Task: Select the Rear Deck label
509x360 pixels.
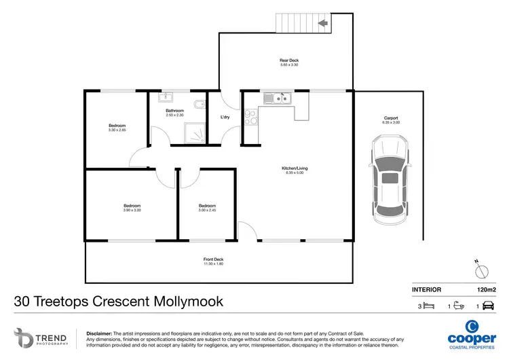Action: pos(289,60)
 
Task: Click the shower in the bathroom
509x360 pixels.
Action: pos(196,135)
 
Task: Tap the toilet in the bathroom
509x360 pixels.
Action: pos(198,105)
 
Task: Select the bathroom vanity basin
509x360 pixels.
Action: pos(168,98)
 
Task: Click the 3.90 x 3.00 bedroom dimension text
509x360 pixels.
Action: pos(132,211)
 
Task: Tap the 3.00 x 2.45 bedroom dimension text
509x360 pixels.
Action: pos(207,211)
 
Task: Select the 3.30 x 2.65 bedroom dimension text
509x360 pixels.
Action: pos(117,130)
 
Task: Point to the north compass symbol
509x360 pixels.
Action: pos(481,270)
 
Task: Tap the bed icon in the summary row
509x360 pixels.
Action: pos(428,306)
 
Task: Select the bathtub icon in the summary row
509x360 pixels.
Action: pos(459,306)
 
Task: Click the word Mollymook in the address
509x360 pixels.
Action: pos(187,301)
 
